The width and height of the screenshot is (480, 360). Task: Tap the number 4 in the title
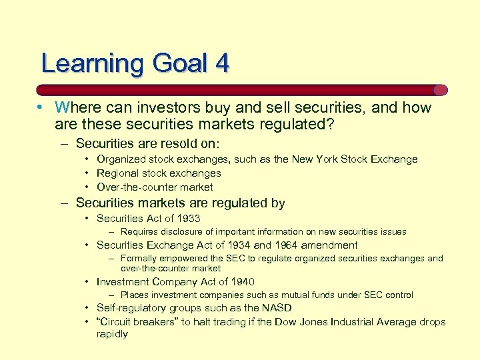click(221, 63)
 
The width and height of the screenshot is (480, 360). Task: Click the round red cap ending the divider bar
click(440, 90)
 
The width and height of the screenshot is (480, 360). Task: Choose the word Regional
click(118, 173)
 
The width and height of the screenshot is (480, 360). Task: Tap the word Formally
click(140, 259)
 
